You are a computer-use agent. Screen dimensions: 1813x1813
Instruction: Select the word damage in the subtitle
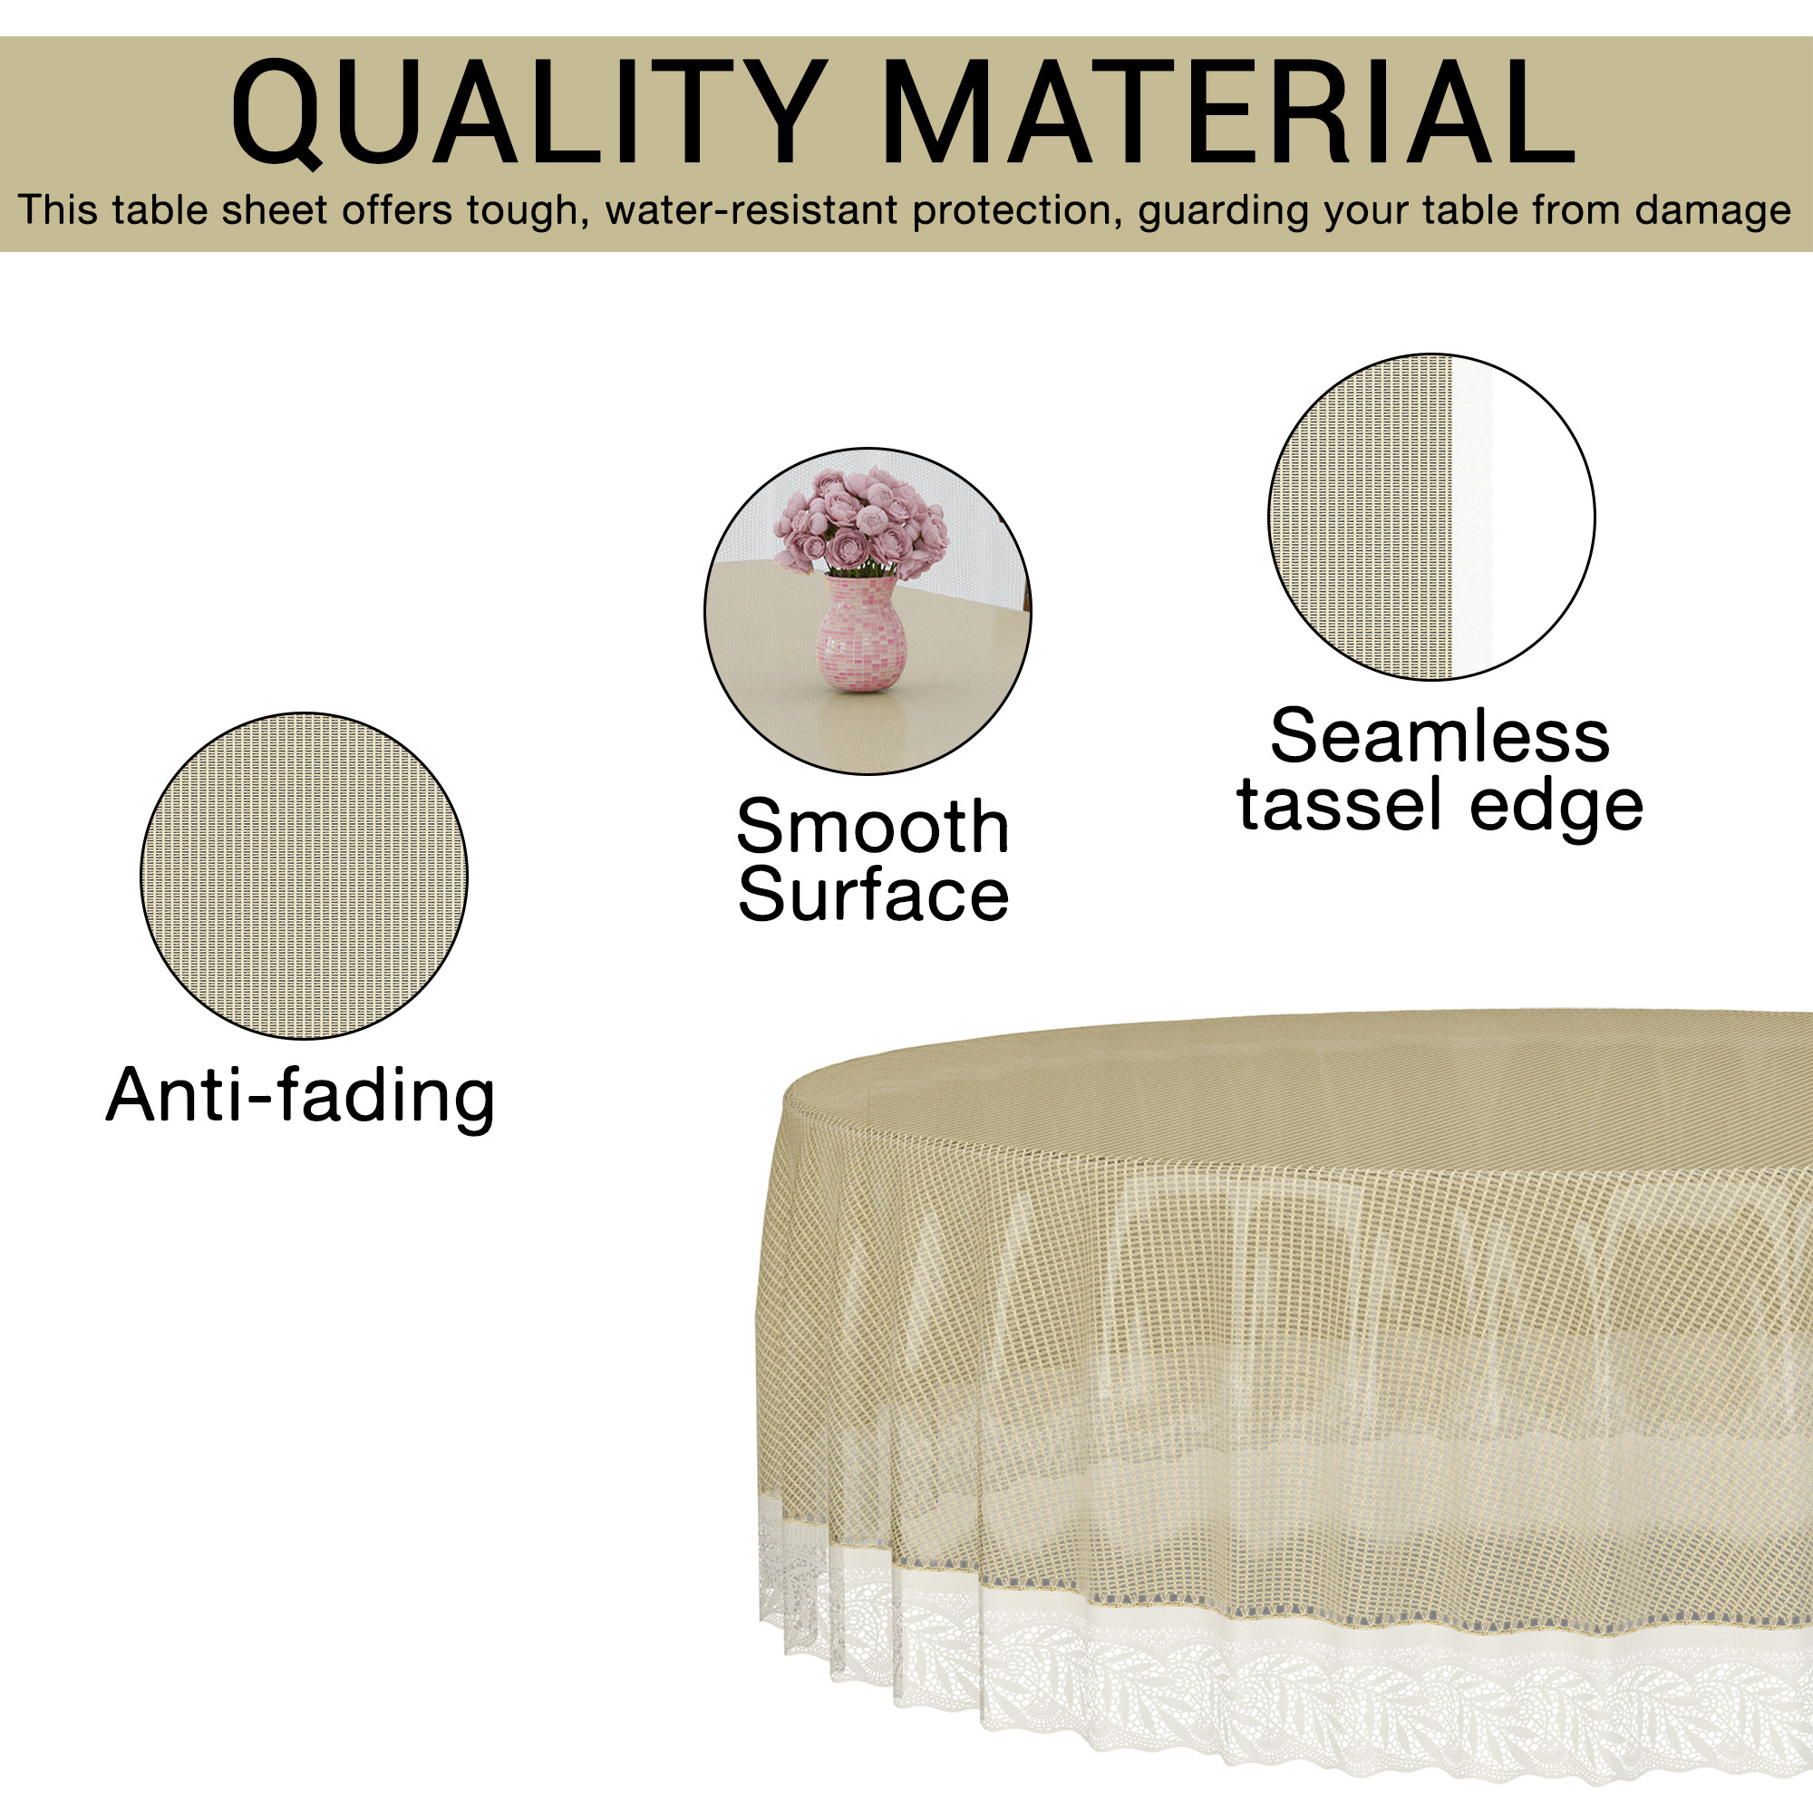click(x=1712, y=211)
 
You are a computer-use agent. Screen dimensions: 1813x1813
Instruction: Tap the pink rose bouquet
click(x=860, y=521)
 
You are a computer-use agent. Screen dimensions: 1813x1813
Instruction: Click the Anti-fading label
click(x=300, y=1095)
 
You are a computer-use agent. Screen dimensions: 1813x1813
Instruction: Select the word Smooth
click(x=873, y=827)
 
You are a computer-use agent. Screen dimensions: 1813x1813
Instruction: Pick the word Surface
click(x=873, y=895)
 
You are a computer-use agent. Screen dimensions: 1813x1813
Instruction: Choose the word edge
click(x=1556, y=809)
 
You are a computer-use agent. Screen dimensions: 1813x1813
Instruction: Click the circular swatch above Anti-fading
click(x=304, y=877)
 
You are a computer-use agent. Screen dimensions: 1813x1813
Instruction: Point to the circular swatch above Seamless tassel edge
click(x=1432, y=517)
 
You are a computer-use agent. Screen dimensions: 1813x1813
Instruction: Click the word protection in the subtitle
click(x=1012, y=211)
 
